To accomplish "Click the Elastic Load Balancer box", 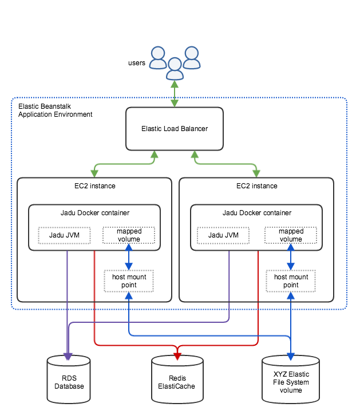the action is click(x=175, y=129).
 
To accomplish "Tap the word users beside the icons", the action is click(x=137, y=63).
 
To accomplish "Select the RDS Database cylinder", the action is click(x=69, y=380).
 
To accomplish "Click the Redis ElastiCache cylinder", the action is click(x=177, y=380).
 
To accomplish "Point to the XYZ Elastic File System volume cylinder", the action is click(x=291, y=380).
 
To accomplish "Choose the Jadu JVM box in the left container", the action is click(x=64, y=235).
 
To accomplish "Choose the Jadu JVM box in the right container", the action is click(x=223, y=235).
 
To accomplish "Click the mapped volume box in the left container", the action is click(x=129, y=235).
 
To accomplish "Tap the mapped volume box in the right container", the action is click(x=291, y=235).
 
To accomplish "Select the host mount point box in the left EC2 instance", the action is click(x=129, y=281).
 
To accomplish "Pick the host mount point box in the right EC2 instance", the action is click(x=291, y=281).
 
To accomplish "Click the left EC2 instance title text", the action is click(x=95, y=186).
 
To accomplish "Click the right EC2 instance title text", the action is click(x=257, y=186).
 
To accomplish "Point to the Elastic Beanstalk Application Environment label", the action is click(x=55, y=110).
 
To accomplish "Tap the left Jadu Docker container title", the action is click(x=95, y=213).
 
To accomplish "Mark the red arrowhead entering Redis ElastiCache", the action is click(x=177, y=357).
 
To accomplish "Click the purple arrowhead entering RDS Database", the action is click(x=68, y=357).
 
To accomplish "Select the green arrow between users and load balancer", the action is click(x=175, y=93).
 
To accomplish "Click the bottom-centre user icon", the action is click(x=175, y=69).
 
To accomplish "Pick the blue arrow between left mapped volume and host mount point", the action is click(x=129, y=257).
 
